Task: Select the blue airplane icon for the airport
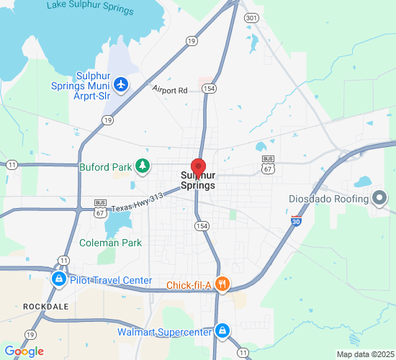click(x=120, y=84)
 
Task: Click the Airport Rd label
click(x=170, y=90)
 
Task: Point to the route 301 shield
click(x=251, y=17)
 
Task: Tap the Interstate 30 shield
click(x=296, y=222)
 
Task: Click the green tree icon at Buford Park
click(x=143, y=167)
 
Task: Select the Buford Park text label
click(x=105, y=167)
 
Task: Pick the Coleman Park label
click(x=110, y=243)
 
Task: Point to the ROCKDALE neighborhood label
click(x=45, y=306)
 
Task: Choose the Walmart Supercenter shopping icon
click(x=222, y=331)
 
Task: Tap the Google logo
click(x=23, y=351)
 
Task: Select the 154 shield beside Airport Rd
click(x=209, y=89)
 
